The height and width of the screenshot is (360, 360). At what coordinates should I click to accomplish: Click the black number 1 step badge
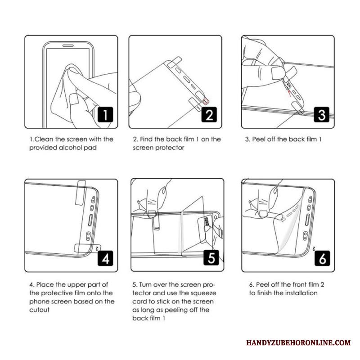(x=105, y=115)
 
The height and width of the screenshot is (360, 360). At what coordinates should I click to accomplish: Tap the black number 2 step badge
(x=209, y=115)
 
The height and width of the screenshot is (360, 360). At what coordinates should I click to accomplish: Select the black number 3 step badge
(x=321, y=115)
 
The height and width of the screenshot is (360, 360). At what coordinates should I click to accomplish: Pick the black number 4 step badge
(x=105, y=258)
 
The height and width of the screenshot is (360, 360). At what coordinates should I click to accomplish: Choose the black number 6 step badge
(x=322, y=258)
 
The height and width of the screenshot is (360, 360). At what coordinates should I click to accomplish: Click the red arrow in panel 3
(x=290, y=93)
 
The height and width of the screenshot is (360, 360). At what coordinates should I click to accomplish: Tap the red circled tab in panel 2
(x=206, y=100)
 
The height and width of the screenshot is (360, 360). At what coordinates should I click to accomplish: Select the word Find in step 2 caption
(x=146, y=139)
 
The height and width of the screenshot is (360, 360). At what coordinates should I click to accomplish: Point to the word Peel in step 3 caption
(x=258, y=139)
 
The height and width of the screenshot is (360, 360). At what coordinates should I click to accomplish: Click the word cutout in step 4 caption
(x=39, y=310)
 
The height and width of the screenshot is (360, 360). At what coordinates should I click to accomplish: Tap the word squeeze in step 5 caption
(x=203, y=293)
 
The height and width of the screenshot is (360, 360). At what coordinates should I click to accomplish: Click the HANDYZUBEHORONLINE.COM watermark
(x=298, y=342)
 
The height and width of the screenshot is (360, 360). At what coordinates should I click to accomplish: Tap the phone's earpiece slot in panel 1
(x=68, y=45)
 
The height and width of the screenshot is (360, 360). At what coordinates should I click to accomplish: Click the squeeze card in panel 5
(x=205, y=229)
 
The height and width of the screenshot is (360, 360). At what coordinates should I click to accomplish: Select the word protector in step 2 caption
(x=170, y=148)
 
